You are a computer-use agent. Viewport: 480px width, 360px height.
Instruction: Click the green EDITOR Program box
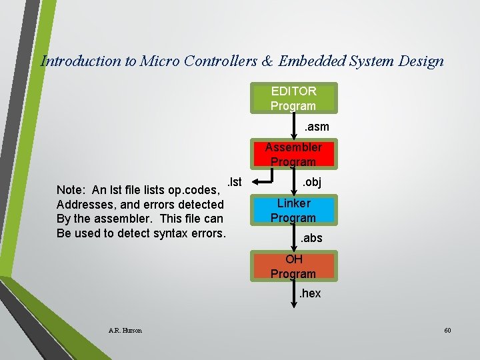pyautogui.click(x=293, y=98)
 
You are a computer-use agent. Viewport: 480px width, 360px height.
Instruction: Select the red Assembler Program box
pyautogui.click(x=293, y=154)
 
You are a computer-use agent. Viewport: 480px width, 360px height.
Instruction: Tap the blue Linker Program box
pyautogui.click(x=293, y=210)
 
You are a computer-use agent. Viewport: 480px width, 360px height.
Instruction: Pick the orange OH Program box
pyautogui.click(x=293, y=266)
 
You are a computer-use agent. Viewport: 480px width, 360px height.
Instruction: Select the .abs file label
pyautogui.click(x=311, y=238)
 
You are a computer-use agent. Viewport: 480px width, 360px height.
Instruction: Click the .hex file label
pyautogui.click(x=309, y=293)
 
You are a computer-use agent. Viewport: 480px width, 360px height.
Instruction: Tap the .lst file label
pyautogui.click(x=234, y=181)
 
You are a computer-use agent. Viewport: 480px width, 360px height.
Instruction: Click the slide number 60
pyautogui.click(x=447, y=330)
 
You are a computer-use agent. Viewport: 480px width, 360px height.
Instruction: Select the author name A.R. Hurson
pyautogui.click(x=125, y=330)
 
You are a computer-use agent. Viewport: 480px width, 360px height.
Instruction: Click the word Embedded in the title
pyautogui.click(x=311, y=61)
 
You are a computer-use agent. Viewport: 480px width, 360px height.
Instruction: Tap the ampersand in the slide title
pyautogui.click(x=267, y=61)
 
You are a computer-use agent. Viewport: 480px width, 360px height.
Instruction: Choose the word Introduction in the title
pyautogui.click(x=81, y=61)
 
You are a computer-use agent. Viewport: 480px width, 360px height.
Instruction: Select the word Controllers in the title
pyautogui.click(x=221, y=61)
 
